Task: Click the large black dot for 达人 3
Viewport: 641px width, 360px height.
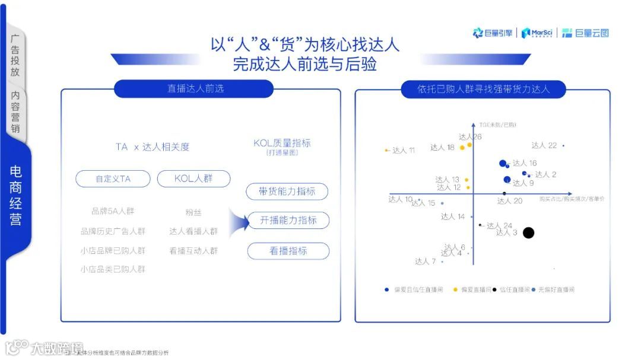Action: coord(528,233)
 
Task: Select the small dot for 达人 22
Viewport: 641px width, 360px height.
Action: coord(563,146)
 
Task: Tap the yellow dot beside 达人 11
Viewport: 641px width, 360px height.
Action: coord(386,150)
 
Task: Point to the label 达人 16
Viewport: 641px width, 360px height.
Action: coord(525,163)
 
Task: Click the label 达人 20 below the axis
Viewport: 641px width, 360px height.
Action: coord(510,201)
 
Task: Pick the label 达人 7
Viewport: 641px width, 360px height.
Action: coord(426,262)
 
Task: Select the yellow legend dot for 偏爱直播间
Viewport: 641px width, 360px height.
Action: coord(455,290)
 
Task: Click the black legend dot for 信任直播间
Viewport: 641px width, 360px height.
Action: coord(494,290)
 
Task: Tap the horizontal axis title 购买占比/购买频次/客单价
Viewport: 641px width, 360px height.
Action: coord(572,199)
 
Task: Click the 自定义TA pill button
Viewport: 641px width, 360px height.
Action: coord(113,179)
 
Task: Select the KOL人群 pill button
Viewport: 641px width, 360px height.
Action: coord(193,179)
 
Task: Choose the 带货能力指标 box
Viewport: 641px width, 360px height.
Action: coord(287,192)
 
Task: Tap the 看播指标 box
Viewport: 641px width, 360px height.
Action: coord(288,251)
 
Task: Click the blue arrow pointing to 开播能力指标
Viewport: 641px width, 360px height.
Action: coord(239,221)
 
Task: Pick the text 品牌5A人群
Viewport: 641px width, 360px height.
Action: coord(113,211)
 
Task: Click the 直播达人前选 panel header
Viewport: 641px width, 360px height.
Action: coord(194,89)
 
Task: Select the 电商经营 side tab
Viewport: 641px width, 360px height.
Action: coord(16,196)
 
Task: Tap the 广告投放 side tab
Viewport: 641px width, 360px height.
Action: coord(15,55)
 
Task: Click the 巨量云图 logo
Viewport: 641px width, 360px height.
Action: coord(585,33)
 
